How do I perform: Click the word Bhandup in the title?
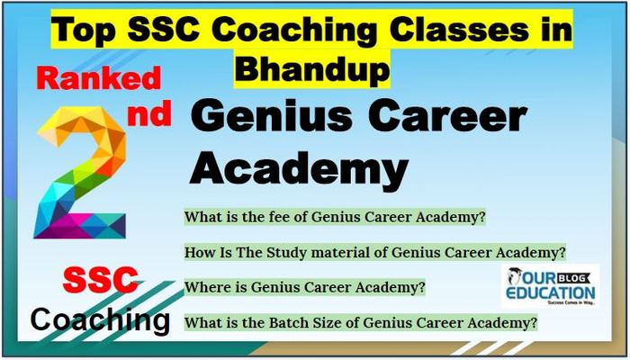pos(311,68)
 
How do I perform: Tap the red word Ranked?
pos(99,79)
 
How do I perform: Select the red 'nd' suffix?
pos(149,113)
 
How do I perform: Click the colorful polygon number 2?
pos(81,173)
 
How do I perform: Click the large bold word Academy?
pos(299,167)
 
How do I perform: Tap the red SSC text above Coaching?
pos(101,280)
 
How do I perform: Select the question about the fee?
pos(335,218)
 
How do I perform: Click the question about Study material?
pos(375,253)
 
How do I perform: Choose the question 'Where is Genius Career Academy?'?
pos(305,287)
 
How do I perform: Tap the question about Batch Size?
pos(361,322)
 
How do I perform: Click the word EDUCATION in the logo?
pos(550,292)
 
